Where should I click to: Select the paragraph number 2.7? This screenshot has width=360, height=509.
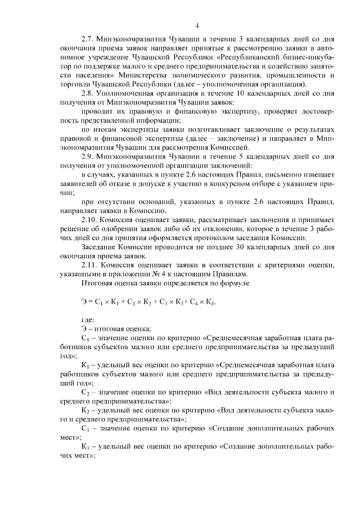[x=88, y=40]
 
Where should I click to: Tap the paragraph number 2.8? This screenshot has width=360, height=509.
[x=88, y=92]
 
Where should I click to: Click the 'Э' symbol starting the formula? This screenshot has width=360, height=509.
[x=84, y=301]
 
